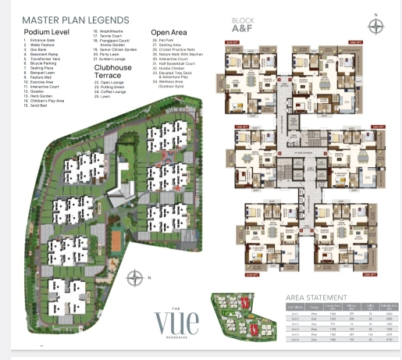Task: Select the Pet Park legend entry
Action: click(x=165, y=39)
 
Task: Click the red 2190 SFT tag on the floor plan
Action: click(x=230, y=275)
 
